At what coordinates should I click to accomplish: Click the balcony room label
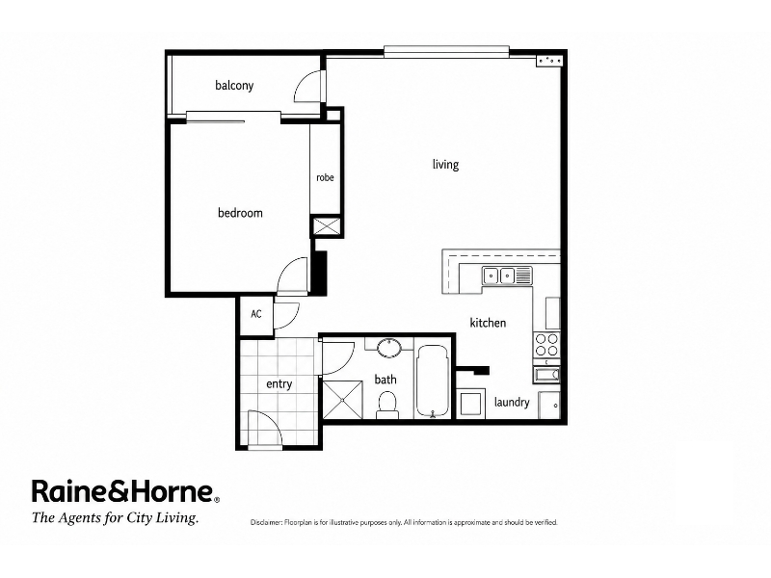point(234,86)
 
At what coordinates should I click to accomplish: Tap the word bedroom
point(240,213)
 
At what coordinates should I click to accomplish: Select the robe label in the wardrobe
point(325,177)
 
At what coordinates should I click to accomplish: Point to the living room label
point(445,164)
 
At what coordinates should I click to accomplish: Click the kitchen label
point(488,323)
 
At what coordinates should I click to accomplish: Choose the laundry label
point(512,402)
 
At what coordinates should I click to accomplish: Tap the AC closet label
point(256,314)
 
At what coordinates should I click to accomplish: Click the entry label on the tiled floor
point(279,383)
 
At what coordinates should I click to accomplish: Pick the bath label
point(385,380)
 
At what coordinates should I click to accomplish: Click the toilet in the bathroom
point(387,405)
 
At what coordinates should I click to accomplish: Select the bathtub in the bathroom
point(432,381)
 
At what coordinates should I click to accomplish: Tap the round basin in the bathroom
point(389,347)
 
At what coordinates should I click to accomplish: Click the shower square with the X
point(342,400)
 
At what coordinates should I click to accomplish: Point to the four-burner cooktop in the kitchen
point(546,345)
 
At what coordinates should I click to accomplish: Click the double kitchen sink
point(507,276)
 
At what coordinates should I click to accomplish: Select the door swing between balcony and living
point(308,87)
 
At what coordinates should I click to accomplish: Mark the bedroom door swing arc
point(293,276)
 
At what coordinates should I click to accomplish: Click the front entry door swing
point(265,430)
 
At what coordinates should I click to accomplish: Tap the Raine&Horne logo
point(126,491)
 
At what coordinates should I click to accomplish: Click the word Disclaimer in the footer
point(267,522)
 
